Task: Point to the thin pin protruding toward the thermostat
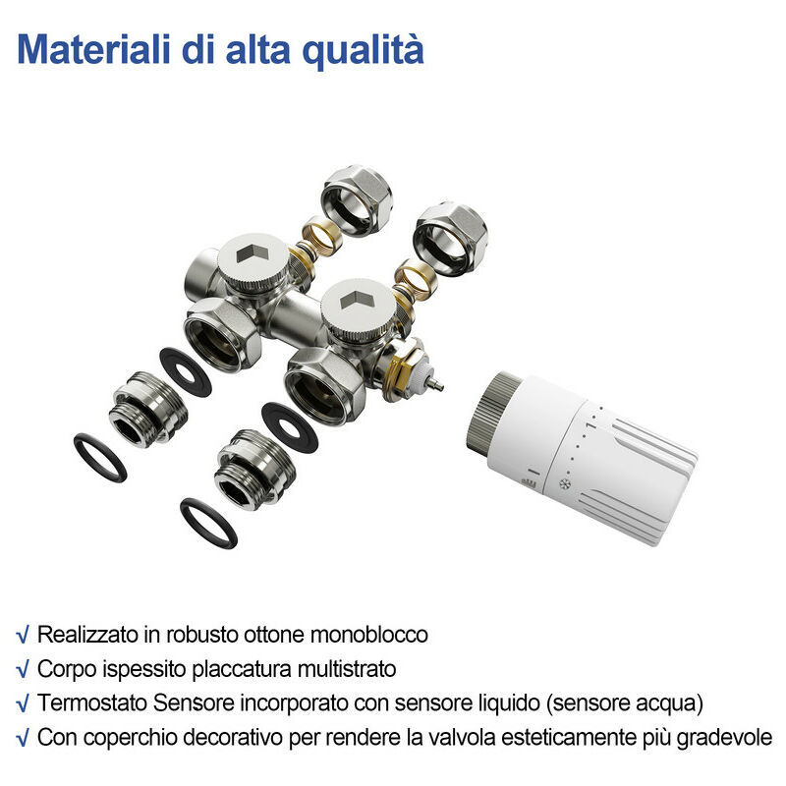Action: tap(433, 383)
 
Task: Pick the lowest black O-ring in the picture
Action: tap(209, 524)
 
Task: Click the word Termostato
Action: tap(84, 703)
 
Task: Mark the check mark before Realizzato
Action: tap(23, 635)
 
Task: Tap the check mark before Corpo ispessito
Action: tap(23, 670)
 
